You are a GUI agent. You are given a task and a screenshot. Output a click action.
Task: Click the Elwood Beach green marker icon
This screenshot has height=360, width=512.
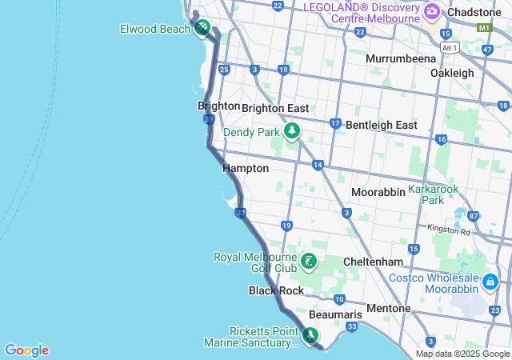pos(203,28)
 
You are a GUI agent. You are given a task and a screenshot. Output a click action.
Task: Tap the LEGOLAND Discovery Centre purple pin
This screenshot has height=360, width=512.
pos(432,10)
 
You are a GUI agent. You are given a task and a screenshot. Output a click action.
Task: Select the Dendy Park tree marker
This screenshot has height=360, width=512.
pos(292,130)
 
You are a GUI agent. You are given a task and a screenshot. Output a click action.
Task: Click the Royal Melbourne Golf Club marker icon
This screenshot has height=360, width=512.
pos(309,261)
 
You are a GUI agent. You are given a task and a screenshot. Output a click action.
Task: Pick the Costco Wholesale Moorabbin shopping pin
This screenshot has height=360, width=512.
pos(490,282)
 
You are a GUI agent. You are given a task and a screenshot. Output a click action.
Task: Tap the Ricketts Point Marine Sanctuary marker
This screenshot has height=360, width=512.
pos(310,335)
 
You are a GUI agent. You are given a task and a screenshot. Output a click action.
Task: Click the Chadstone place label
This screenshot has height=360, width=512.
pos(475,13)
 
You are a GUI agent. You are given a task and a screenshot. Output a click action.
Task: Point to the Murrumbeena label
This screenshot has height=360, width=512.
pos(401,58)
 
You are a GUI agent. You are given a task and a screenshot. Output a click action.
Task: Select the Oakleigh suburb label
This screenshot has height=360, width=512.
pos(452,73)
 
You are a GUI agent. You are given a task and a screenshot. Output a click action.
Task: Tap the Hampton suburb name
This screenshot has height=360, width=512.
pos(246,169)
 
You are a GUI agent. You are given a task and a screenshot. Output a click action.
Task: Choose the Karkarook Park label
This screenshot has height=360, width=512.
pos(433,194)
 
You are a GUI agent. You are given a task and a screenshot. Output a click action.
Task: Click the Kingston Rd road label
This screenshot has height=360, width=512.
pos(449,229)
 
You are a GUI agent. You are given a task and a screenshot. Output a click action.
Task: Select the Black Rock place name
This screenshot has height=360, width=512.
pos(276,290)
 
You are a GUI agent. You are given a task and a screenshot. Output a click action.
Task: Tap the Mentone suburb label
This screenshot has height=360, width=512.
pos(388,308)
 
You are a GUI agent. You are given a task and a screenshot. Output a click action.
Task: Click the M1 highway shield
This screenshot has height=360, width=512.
pos(483,28)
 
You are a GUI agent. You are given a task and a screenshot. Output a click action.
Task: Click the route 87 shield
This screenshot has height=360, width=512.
pos(473,216)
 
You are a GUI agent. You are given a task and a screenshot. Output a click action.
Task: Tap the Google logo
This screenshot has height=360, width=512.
pos(26,350)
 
